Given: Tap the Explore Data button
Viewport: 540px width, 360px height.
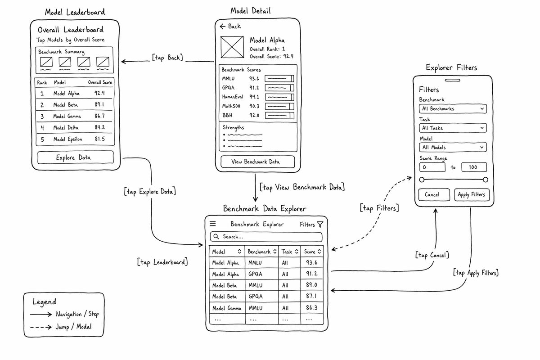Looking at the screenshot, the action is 76,157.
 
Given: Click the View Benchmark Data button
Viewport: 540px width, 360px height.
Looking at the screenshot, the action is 257,162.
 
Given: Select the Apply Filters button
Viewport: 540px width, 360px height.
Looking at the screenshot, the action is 472,194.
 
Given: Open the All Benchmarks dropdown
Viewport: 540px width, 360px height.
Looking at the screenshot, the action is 453,109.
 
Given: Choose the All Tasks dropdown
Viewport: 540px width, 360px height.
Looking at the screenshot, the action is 453,128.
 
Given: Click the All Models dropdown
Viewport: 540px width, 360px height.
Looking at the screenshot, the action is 453,147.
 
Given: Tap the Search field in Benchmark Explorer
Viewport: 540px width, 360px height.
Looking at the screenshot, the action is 266,237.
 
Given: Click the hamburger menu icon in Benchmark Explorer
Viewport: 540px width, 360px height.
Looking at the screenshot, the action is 212,224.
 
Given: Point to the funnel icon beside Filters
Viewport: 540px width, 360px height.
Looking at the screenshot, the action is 320,225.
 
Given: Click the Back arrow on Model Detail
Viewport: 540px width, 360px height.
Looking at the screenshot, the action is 222,26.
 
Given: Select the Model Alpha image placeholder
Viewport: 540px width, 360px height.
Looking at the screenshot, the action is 232,47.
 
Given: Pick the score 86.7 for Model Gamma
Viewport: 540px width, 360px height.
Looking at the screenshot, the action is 99,116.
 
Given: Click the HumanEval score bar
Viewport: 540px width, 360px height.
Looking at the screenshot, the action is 279,97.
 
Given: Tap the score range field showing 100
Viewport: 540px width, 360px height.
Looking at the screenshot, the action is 474,167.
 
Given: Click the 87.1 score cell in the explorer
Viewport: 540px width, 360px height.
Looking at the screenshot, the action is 311,296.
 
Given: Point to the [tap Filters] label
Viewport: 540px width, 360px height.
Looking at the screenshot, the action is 379,208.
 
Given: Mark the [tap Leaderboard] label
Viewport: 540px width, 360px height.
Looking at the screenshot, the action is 162,262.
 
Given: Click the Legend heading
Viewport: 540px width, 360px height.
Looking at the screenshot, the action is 45,302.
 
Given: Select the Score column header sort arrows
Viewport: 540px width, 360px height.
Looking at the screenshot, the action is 319,252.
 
